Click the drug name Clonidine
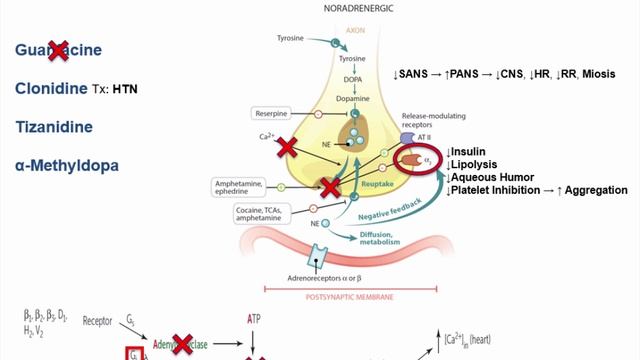54,89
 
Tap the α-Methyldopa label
67,164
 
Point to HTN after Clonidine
125,90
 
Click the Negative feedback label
388,214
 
